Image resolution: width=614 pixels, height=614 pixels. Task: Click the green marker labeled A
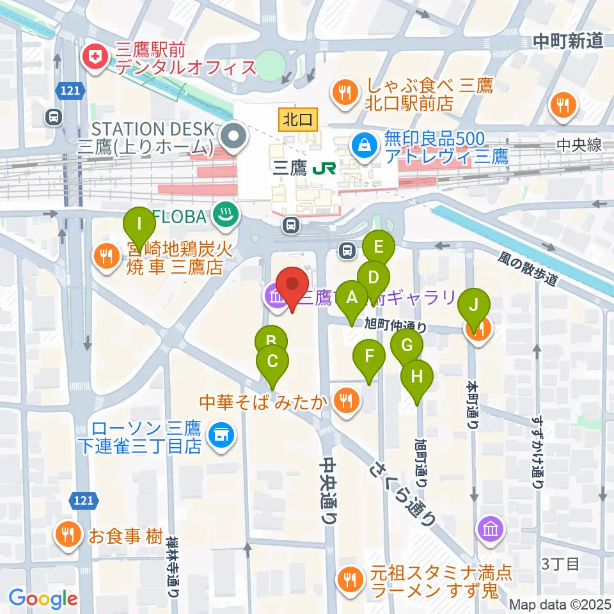click(351, 298)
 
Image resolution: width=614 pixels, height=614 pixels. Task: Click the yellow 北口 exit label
click(298, 118)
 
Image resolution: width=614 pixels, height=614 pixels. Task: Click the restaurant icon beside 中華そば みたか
click(346, 402)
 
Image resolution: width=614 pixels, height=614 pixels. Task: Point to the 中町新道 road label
click(568, 42)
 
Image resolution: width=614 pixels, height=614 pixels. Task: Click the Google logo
click(43, 598)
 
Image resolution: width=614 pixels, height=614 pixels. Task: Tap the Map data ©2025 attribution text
click(560, 604)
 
